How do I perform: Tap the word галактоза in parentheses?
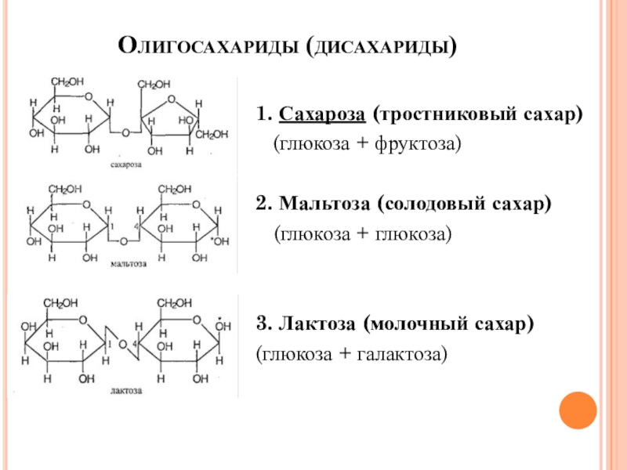403,355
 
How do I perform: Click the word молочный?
429,325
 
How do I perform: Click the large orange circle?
578,408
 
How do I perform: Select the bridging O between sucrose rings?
125,132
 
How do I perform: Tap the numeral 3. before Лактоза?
263,325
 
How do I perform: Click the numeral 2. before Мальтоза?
263,205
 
